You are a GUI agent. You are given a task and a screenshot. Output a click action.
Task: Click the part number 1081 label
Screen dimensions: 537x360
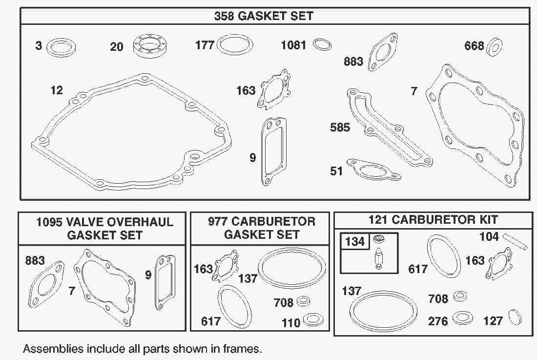293,45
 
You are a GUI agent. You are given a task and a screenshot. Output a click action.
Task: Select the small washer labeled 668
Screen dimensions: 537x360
494,47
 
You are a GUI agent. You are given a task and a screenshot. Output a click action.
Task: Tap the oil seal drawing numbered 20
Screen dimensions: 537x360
150,46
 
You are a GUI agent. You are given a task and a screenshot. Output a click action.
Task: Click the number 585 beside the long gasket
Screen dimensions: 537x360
340,127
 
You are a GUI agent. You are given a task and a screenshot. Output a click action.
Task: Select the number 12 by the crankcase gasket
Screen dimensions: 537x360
57,90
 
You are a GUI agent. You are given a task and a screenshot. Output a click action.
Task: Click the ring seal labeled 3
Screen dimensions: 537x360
61,47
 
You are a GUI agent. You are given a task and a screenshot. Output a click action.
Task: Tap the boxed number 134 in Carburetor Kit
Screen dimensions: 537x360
355,241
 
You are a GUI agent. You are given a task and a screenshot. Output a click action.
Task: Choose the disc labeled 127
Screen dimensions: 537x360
515,317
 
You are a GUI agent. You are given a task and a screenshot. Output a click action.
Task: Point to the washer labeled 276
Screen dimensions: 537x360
462,318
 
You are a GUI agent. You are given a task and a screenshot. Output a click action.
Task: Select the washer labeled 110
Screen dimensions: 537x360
313,319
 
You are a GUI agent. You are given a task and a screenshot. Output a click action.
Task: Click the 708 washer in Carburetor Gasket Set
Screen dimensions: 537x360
304,301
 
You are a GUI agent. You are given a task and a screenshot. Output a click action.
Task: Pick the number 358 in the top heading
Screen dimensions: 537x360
224,16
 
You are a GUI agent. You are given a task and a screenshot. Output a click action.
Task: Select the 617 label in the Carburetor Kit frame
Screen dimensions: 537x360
418,269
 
